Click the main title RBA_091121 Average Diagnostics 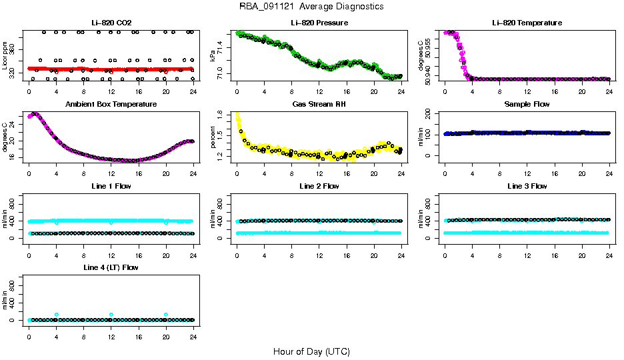coord(311,7)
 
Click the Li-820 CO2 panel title coord(111,23)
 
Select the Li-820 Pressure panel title coord(319,23)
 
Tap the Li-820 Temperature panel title coord(527,23)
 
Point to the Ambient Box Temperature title coord(111,105)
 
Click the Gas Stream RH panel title coord(319,105)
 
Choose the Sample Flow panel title coord(527,105)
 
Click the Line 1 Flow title coord(111,186)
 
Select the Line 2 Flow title coord(319,186)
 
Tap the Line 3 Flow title coord(527,186)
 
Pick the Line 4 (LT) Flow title coord(111,267)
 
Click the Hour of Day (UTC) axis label coord(311,351)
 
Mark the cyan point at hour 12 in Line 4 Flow coord(111,314)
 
